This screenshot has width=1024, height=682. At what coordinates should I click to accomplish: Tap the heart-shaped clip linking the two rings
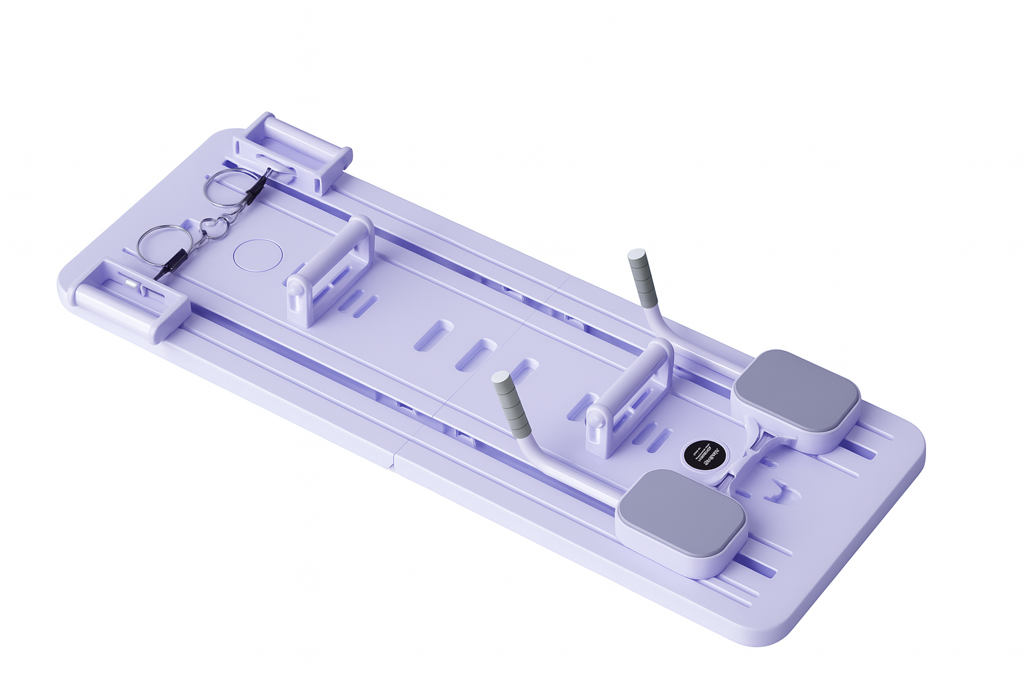pos(214,228)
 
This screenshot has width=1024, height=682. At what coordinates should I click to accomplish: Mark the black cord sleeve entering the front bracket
pos(171,266)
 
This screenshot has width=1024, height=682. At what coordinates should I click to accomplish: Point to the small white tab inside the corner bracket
pos(133,284)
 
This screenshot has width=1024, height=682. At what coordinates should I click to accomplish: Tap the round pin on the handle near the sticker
pos(595,420)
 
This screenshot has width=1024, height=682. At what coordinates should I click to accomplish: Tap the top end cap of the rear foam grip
pos(637,254)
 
